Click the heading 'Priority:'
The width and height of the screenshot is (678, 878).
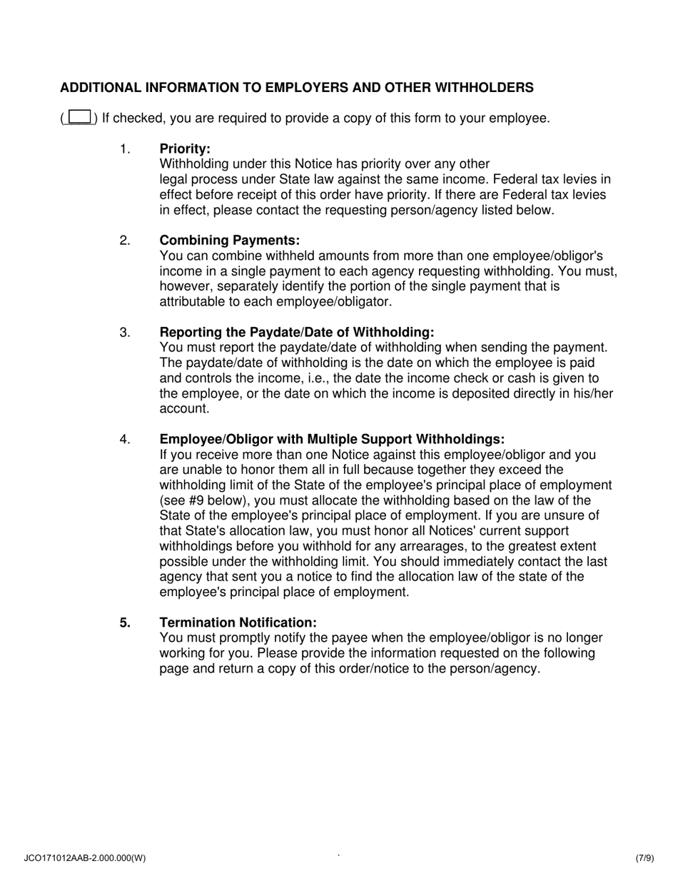coord(185,148)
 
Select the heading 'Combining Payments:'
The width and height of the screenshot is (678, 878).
coord(229,241)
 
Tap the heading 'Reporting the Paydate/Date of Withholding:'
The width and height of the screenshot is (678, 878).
coord(296,333)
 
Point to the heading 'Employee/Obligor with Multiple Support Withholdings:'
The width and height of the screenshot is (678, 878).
coord(332,440)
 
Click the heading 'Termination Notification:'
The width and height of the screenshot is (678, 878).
coord(238,622)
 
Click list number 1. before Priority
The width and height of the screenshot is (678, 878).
coord(126,148)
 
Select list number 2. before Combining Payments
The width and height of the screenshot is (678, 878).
coord(126,241)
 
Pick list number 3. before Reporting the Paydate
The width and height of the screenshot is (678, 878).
coord(126,333)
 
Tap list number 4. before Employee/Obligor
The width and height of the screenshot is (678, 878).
coord(126,440)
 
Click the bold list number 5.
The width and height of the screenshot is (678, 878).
coord(126,622)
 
